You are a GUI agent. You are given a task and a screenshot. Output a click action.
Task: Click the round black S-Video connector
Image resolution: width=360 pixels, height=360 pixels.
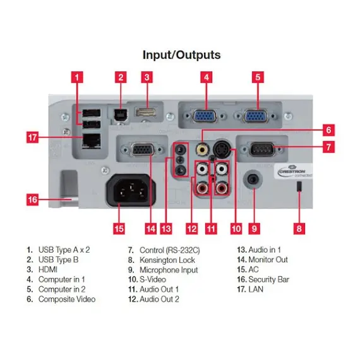point(222,150)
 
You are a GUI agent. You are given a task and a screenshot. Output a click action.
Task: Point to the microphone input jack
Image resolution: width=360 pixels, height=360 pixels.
point(254,179)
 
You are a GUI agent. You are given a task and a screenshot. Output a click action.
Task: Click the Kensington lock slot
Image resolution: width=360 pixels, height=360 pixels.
point(299,188)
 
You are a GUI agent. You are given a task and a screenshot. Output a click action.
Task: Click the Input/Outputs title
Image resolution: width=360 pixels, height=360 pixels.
point(181,55)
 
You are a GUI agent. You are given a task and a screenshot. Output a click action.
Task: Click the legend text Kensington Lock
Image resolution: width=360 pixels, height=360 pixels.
point(162,260)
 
